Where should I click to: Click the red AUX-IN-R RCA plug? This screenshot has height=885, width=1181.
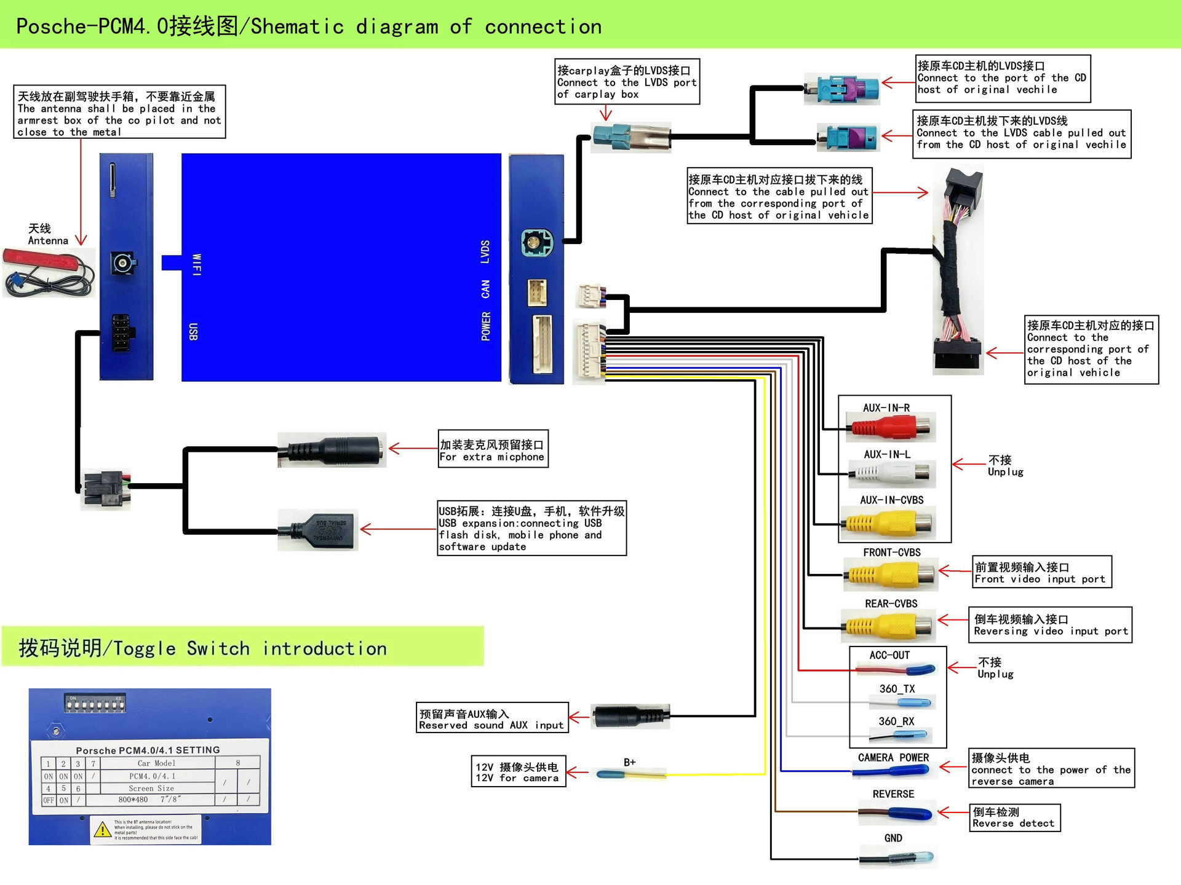tap(891, 427)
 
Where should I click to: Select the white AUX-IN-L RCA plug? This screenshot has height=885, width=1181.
tap(891, 473)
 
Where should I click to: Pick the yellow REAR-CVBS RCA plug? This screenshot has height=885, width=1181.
tap(889, 626)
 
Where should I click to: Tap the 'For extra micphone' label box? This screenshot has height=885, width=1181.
tap(492, 450)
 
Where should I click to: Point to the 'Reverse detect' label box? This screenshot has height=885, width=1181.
tap(1014, 818)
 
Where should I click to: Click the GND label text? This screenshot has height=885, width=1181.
tap(893, 838)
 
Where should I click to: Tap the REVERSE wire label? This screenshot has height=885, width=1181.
tap(893, 794)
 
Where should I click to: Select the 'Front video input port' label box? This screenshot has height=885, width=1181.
tap(1041, 572)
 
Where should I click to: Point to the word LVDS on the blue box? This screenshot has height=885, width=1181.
tap(485, 252)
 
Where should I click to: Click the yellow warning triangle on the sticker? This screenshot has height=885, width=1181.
tap(102, 830)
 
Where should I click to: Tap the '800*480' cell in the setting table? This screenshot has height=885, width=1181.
tap(133, 800)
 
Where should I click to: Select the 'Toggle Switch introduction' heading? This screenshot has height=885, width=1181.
tap(203, 648)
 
